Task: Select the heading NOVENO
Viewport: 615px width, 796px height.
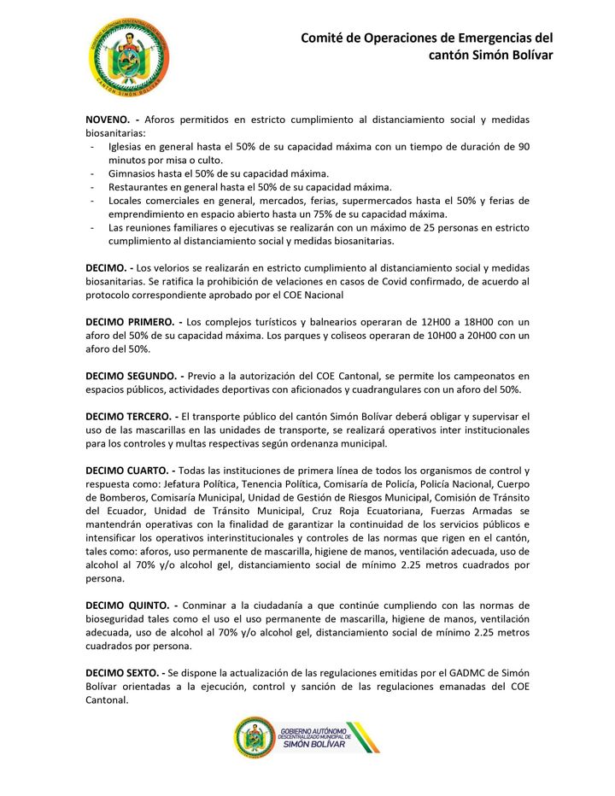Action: click(107, 120)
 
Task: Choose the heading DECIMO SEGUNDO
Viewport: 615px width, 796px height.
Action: click(130, 375)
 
